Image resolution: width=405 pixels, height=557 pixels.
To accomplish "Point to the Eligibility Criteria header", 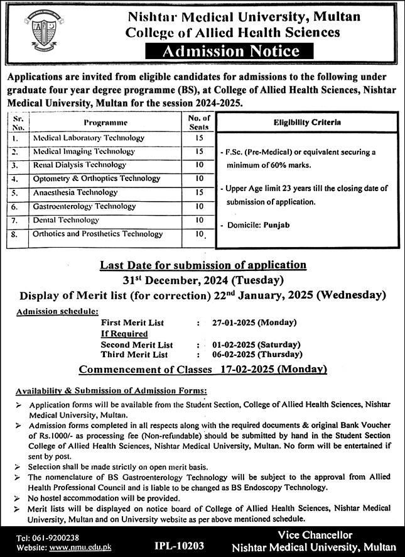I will tap(307, 123).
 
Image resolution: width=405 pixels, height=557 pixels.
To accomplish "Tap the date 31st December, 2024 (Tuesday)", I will tap(203, 280).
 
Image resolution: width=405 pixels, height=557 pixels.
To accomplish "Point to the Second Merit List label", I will tap(137, 345).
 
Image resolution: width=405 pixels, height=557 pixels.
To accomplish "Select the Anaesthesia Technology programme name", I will tap(75, 192).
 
